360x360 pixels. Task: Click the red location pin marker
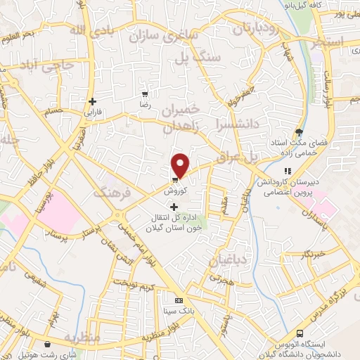tap(181, 165)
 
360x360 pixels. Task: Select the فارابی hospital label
tap(93, 112)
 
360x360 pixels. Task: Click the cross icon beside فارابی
tap(93, 101)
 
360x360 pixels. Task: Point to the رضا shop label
tap(145, 103)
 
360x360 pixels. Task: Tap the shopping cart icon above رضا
tap(145, 94)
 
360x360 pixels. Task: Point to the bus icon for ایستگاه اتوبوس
tap(300, 333)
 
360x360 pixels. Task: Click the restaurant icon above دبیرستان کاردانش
tap(287, 171)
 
